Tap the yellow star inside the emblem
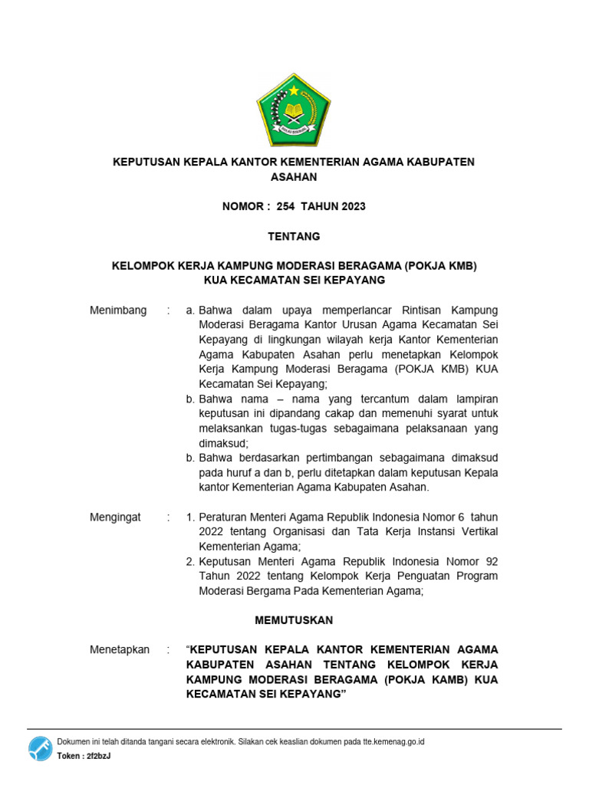[x=294, y=90]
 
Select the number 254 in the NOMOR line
[x=285, y=206]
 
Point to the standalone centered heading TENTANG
[x=294, y=236]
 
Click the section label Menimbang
[x=118, y=310]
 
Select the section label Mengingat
[x=116, y=517]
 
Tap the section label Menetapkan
[x=120, y=649]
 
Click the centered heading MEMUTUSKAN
[x=294, y=620]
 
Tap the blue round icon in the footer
[x=41, y=748]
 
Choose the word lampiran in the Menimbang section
[x=474, y=399]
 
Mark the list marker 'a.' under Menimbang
[x=191, y=310]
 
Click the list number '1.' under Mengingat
[x=192, y=517]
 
